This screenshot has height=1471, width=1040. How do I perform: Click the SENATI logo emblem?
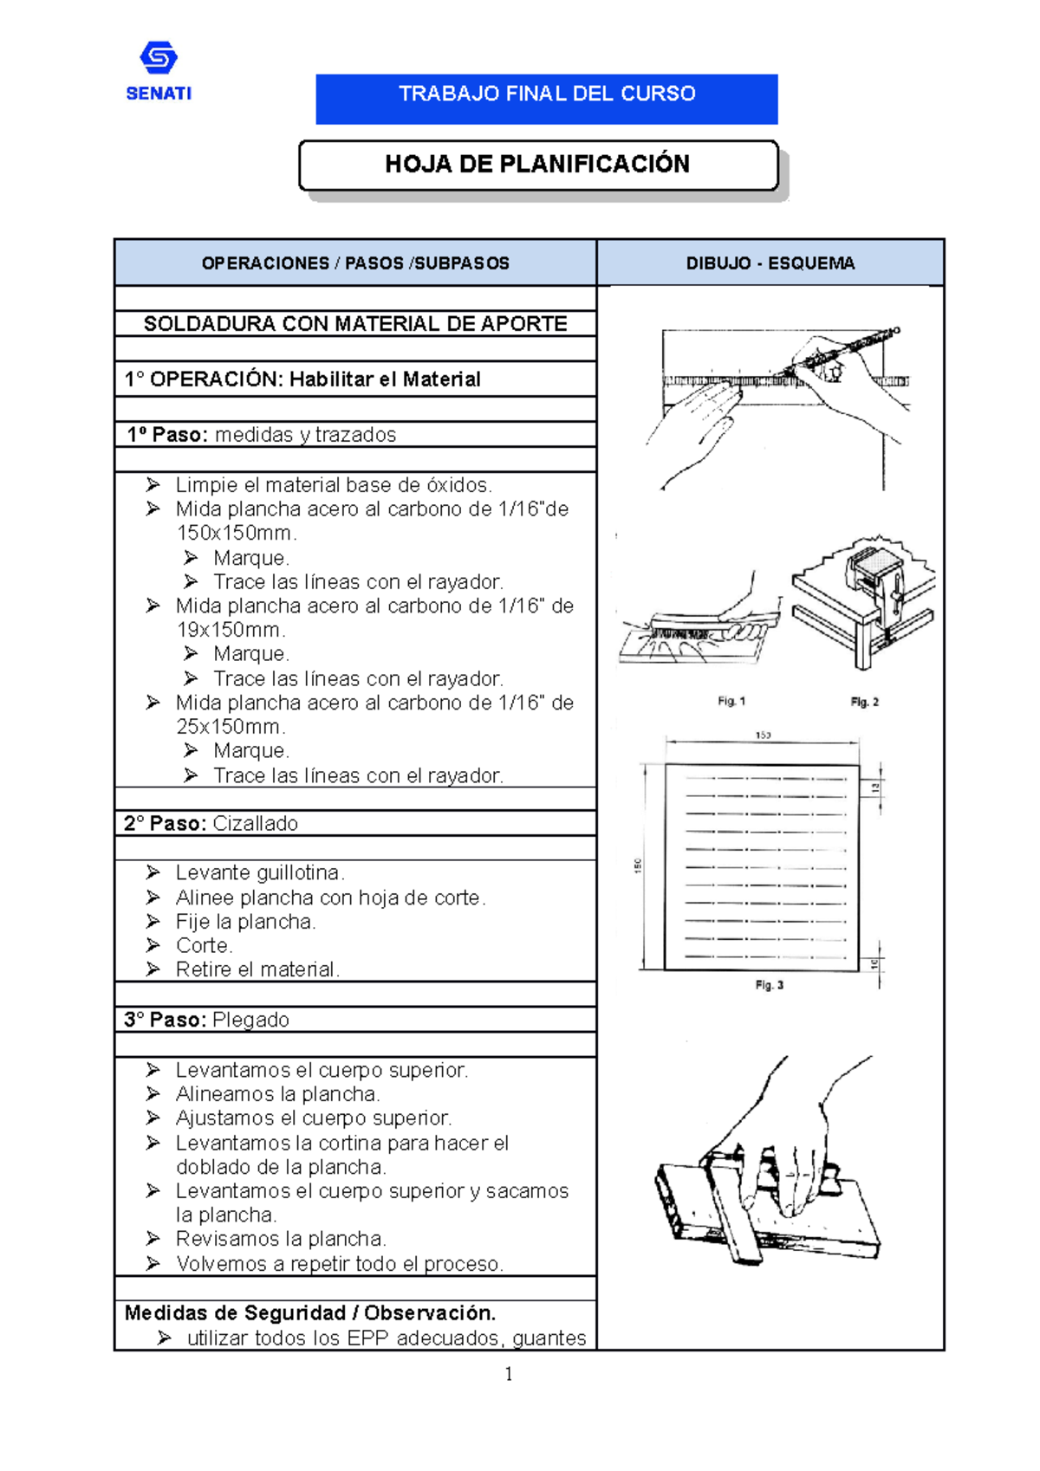pos(159,59)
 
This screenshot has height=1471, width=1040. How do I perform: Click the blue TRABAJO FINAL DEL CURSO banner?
pos(546,98)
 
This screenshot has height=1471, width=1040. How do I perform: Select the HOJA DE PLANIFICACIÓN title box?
pos(538,165)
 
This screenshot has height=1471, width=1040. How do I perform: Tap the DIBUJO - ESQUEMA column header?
pos(770,263)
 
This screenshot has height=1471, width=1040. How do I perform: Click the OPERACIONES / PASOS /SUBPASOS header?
pos(355,263)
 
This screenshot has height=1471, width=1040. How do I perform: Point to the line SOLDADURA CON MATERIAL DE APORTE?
pos(355,324)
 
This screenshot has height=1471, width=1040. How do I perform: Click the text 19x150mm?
pos(231,630)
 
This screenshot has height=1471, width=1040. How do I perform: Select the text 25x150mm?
pos(231,727)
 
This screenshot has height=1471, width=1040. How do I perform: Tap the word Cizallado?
pos(255,823)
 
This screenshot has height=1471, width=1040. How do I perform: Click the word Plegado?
pos(250,1020)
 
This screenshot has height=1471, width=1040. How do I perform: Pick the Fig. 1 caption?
pos(731,701)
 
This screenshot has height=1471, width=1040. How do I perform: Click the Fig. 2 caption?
pos(864,702)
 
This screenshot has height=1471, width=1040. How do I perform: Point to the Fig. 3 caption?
pos(769,985)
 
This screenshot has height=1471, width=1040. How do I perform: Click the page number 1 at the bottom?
pos(509,1373)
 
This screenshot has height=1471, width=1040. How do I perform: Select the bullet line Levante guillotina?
pos(260,872)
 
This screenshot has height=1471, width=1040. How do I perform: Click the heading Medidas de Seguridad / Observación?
pos(310,1312)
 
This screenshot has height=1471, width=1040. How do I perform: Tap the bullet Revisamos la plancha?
pos(281,1239)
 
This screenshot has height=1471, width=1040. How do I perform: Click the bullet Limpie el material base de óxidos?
pos(334,485)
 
